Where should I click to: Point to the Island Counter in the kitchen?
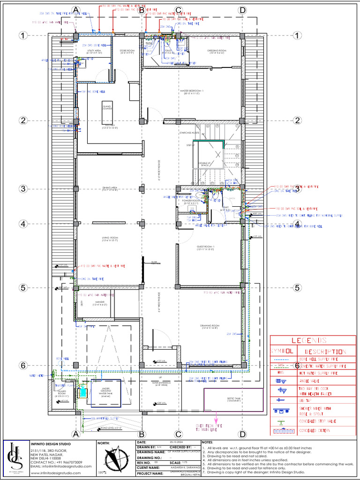point(107,108)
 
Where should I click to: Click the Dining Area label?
point(108,189)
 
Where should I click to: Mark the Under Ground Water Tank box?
point(107,390)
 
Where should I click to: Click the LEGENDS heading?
point(309,341)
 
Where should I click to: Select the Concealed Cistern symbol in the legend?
point(281,430)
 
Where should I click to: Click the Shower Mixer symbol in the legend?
point(281,411)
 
